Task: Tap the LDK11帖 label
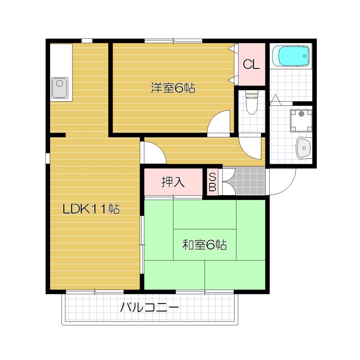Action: [x=91, y=209]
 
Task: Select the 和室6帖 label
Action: [x=204, y=244]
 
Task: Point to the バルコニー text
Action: [x=150, y=308]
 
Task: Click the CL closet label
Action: [x=251, y=64]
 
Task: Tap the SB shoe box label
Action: [x=212, y=182]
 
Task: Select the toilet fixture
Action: [x=251, y=103]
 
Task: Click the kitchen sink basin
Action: [x=60, y=87]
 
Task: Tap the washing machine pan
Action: [x=301, y=120]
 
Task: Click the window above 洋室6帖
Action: [x=173, y=41]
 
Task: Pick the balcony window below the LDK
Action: [x=95, y=291]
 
